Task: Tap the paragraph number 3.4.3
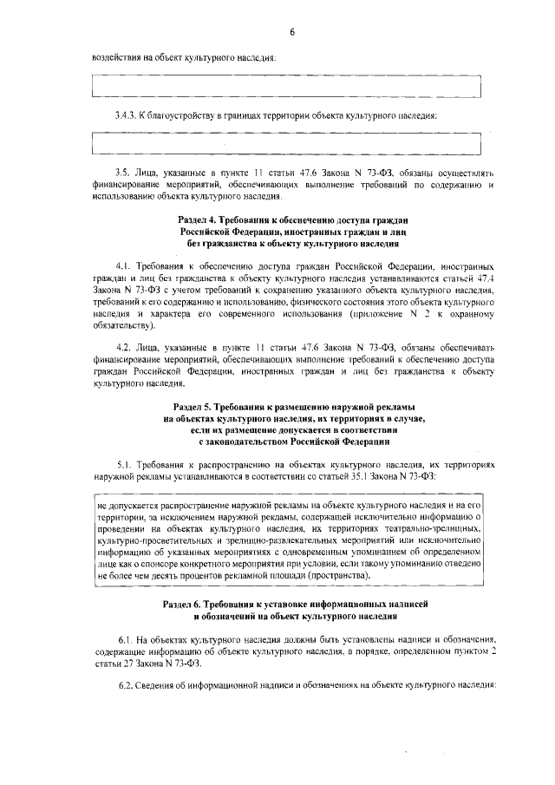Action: click(x=127, y=116)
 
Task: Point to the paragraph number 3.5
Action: click(x=124, y=173)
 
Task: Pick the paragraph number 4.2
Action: click(x=124, y=348)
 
